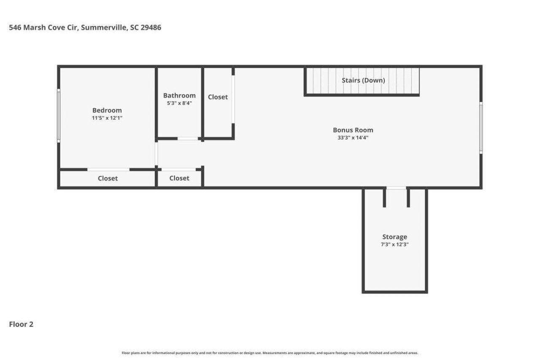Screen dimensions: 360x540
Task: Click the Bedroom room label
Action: click(x=107, y=111)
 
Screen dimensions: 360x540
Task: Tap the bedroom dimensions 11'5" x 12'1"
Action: click(x=107, y=118)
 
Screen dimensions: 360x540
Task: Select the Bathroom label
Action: click(x=179, y=95)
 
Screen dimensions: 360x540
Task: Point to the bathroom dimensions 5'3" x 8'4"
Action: click(x=179, y=103)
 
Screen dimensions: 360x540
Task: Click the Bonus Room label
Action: click(x=353, y=130)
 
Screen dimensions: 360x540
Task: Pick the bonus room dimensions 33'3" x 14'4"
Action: click(x=353, y=138)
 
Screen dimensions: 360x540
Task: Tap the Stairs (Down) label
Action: click(x=363, y=80)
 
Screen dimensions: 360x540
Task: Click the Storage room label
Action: click(x=394, y=237)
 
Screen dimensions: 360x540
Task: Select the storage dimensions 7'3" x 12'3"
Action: click(x=394, y=244)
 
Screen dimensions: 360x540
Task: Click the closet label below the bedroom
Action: click(x=108, y=179)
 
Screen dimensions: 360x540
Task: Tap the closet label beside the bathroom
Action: click(x=218, y=97)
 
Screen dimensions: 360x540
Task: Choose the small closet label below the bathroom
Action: click(x=179, y=179)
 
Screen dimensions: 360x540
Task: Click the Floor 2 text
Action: click(x=21, y=324)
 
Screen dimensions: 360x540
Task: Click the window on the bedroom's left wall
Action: click(x=59, y=115)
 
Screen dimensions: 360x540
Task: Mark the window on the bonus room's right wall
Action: click(x=481, y=127)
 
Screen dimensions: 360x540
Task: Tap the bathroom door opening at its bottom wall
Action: click(x=188, y=138)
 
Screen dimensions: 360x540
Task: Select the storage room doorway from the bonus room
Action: click(x=396, y=188)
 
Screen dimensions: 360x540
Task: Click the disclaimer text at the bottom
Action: click(x=270, y=353)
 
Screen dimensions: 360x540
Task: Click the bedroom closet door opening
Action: click(x=108, y=170)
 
